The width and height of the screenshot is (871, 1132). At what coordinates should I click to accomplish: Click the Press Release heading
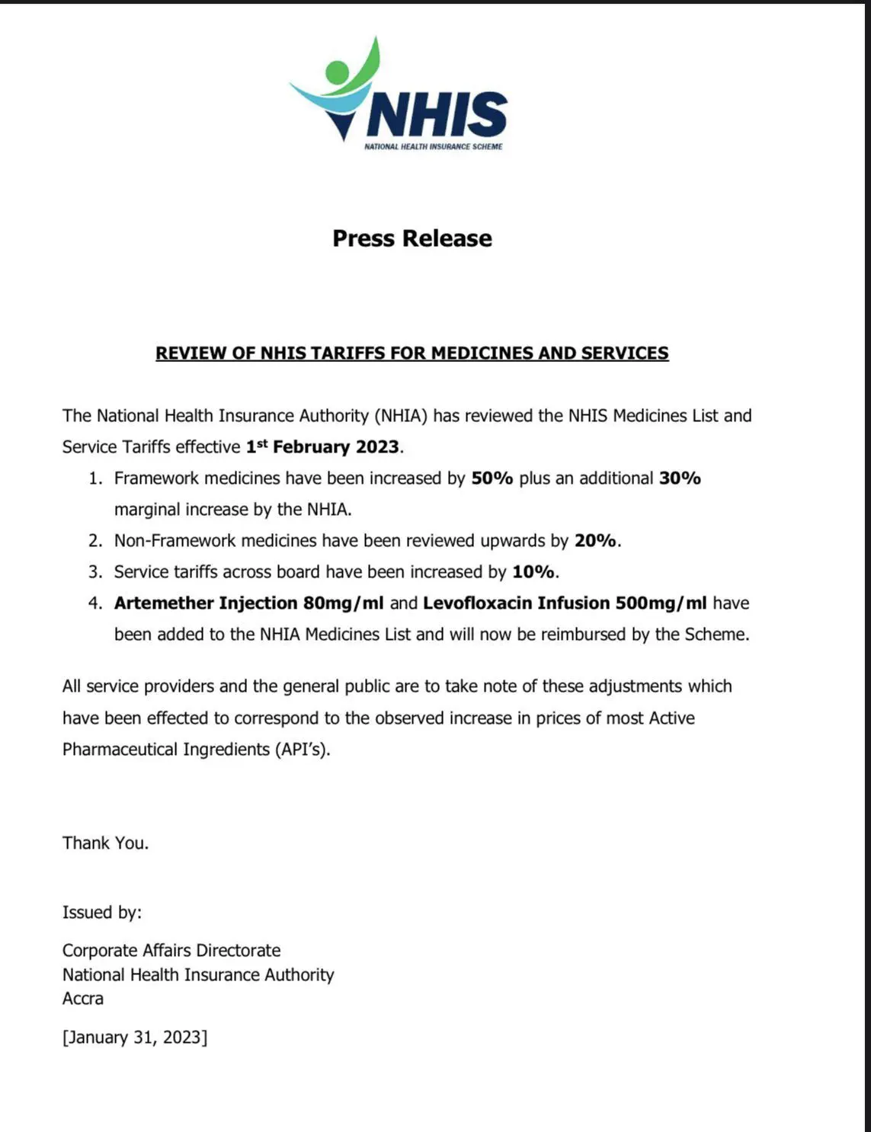pos(412,238)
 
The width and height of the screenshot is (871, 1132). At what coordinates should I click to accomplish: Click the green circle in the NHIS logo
pos(337,72)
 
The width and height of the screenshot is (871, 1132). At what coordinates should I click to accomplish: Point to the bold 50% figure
pos(492,478)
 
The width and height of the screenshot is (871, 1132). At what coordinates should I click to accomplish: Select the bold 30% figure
pos(680,478)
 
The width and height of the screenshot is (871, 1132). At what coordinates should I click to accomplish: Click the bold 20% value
pos(595,541)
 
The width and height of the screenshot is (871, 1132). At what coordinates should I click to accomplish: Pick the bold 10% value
pos(534,572)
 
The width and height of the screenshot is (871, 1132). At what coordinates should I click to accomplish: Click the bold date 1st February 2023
pos(322,446)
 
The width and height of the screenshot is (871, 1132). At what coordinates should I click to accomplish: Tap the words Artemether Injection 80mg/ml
pos(248,603)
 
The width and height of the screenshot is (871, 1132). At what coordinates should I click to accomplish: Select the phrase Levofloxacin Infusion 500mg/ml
pos(565,603)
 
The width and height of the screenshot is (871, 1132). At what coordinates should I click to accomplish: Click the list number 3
pos(94,572)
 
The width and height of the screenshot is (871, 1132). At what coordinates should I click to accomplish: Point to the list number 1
pos(94,478)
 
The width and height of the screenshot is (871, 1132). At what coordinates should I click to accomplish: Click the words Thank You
pos(105,843)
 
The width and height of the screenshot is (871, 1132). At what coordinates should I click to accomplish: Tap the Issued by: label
pos(102,912)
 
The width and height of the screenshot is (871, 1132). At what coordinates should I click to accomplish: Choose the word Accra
pos(83,999)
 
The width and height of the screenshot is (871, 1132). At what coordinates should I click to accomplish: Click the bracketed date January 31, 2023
pos(135,1038)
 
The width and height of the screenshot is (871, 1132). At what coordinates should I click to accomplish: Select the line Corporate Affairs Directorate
pos(171,951)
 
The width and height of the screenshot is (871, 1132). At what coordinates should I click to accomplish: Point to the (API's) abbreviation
pos(303,750)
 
